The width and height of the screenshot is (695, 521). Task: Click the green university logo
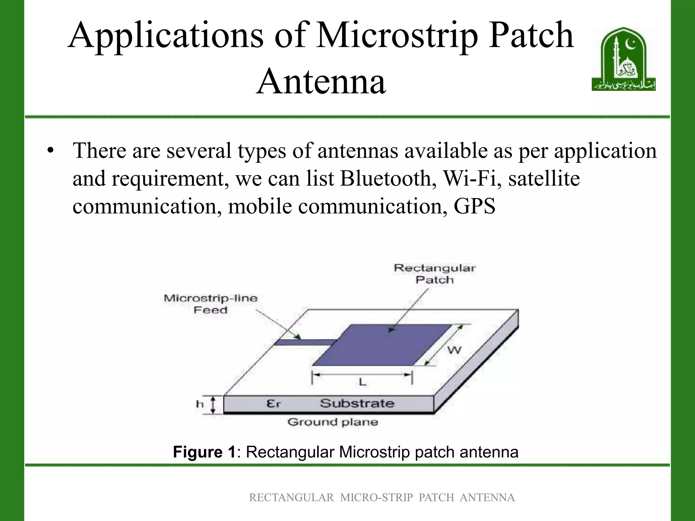pyautogui.click(x=623, y=59)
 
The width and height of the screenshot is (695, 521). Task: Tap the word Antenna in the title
pyautogui.click(x=321, y=81)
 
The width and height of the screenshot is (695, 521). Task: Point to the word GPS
pyautogui.click(x=474, y=206)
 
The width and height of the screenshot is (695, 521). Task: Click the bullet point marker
pyautogui.click(x=51, y=151)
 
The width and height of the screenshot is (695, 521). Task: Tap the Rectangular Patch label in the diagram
pyautogui.click(x=435, y=274)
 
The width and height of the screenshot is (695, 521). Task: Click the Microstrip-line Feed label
pyautogui.click(x=211, y=304)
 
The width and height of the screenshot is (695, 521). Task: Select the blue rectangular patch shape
pyautogui.click(x=383, y=345)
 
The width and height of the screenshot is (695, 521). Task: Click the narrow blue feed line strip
pyautogui.click(x=305, y=342)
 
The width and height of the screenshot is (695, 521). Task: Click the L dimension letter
pyautogui.click(x=362, y=383)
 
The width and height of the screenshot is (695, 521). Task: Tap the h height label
pyautogui.click(x=200, y=404)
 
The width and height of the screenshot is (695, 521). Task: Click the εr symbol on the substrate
pyautogui.click(x=274, y=404)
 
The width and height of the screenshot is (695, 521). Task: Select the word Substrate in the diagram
pyautogui.click(x=357, y=403)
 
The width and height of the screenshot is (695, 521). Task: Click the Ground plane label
pyautogui.click(x=333, y=422)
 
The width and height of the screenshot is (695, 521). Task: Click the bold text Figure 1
pyautogui.click(x=204, y=452)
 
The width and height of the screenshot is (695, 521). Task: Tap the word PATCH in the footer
pyautogui.click(x=436, y=498)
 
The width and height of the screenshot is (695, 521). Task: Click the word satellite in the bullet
pyautogui.click(x=544, y=178)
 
